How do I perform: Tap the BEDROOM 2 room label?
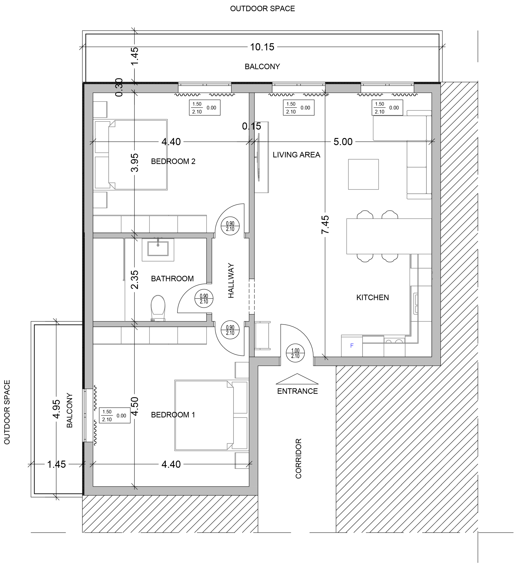point(173,161)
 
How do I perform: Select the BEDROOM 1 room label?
point(173,415)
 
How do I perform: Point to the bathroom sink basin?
point(158,249)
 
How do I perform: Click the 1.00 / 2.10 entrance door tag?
point(295,353)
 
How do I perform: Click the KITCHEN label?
point(372,297)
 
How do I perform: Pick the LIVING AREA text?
point(296,155)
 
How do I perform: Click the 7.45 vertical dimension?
point(325,225)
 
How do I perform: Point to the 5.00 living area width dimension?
point(343,142)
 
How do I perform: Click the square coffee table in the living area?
point(363,174)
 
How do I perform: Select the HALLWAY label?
point(231,281)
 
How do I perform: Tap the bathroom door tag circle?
point(204,299)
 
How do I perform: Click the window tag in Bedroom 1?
point(115,415)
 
